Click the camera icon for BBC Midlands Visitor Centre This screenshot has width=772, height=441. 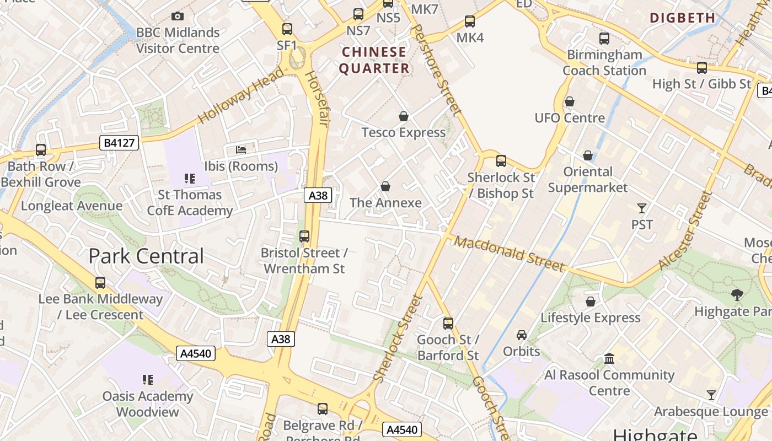(x=177, y=17)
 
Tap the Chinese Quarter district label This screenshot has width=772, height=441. (x=374, y=60)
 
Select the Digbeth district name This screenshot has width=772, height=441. (x=683, y=18)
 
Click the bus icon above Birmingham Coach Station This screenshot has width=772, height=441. (x=604, y=39)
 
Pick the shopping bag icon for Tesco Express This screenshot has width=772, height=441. (x=404, y=116)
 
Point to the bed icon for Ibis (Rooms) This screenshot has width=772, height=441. (x=241, y=149)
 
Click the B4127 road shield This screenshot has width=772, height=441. (x=119, y=143)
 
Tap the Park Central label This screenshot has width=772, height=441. (x=146, y=256)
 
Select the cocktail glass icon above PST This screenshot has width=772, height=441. (x=642, y=208)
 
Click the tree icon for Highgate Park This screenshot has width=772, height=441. (x=737, y=295)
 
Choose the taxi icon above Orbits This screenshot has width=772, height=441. (x=522, y=335)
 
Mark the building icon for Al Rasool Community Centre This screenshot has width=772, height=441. (x=609, y=359)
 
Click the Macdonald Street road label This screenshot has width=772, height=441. (x=510, y=254)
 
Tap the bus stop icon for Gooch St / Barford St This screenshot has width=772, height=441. (x=448, y=323)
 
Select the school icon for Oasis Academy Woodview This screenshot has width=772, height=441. (x=147, y=380)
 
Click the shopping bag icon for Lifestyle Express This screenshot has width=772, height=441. (x=591, y=302)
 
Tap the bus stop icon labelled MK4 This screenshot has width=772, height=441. (x=470, y=21)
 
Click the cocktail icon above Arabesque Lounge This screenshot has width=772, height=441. (x=711, y=395)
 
